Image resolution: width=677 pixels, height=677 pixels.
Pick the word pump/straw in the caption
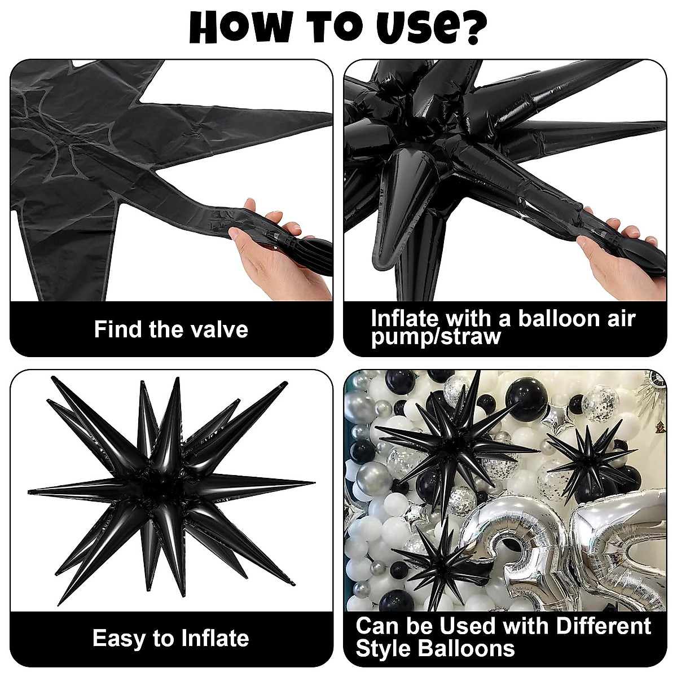[x=436, y=337]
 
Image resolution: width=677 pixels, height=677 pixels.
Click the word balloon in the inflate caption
[x=557, y=319]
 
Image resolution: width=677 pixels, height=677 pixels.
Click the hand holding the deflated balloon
[x=282, y=248]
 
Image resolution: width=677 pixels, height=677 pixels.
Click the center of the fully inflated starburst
[x=169, y=485]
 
